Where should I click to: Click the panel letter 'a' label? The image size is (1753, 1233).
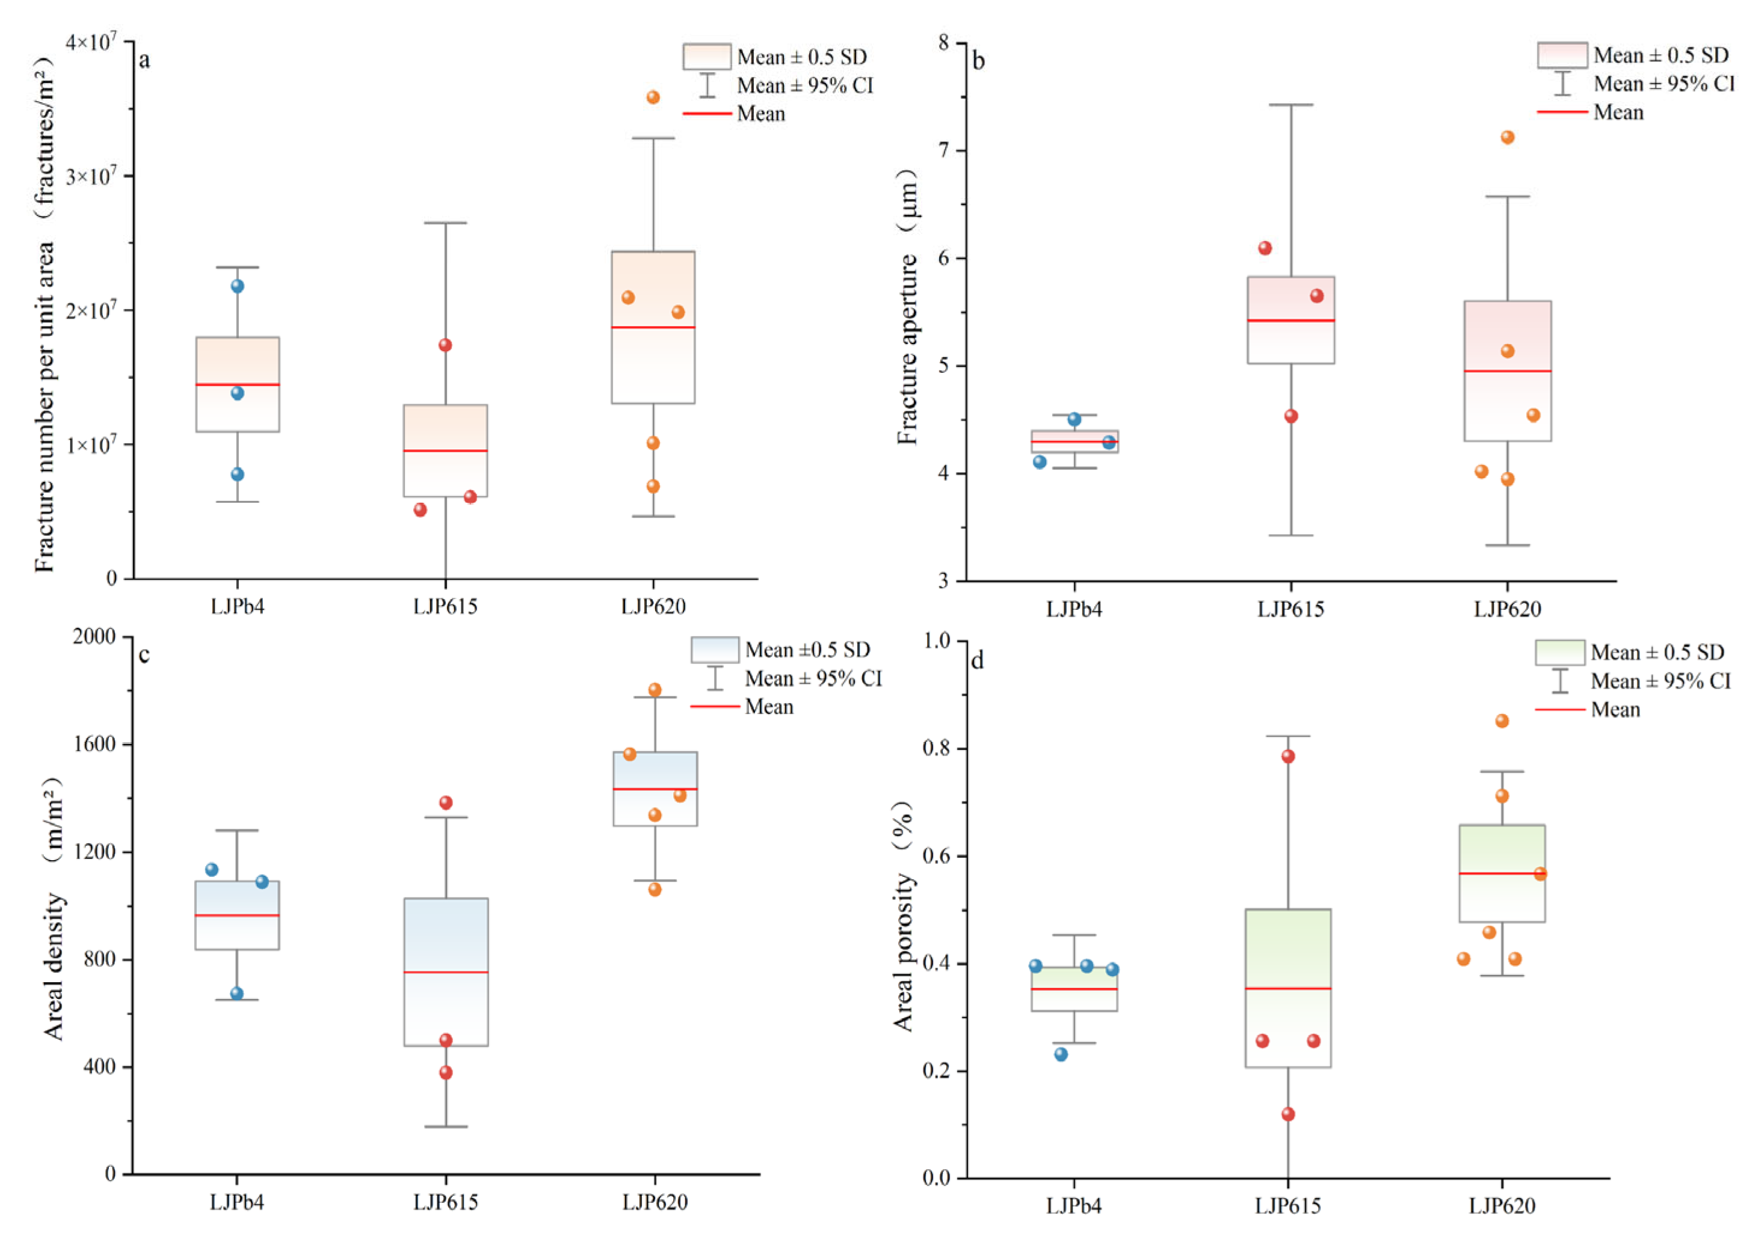144,60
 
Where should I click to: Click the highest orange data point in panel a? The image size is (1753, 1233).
653,97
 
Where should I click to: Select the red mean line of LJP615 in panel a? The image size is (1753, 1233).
445,450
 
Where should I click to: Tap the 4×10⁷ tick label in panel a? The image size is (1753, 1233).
91,42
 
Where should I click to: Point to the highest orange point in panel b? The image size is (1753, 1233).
1507,137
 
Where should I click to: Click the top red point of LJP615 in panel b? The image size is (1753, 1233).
1265,248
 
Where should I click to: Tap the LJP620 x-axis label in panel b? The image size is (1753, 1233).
1507,609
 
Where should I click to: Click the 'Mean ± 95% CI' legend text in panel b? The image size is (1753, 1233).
1665,84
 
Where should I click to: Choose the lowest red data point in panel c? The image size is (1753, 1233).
446,1072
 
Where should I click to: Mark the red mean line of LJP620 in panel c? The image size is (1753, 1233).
655,789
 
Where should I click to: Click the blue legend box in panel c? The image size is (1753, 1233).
715,650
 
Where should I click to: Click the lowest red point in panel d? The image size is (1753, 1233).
1288,1114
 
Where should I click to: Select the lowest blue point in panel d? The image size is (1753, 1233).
1061,1054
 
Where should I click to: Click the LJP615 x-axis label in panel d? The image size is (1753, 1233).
1288,1207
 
